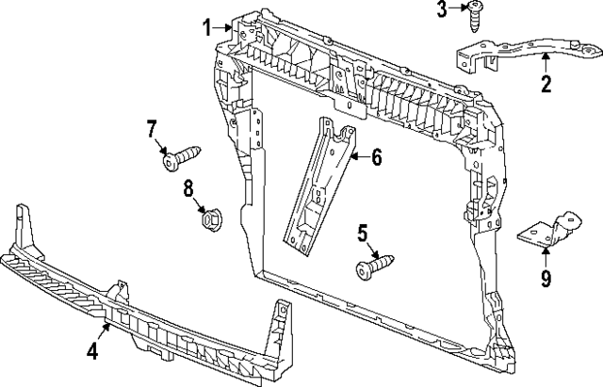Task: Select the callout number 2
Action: pos(545,87)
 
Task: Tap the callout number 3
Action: pos(442,10)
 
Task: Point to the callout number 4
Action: pos(92,351)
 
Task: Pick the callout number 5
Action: pos(362,232)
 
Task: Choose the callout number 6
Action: pos(376,157)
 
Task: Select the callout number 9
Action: pos(546,279)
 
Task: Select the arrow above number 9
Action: pos(546,257)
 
